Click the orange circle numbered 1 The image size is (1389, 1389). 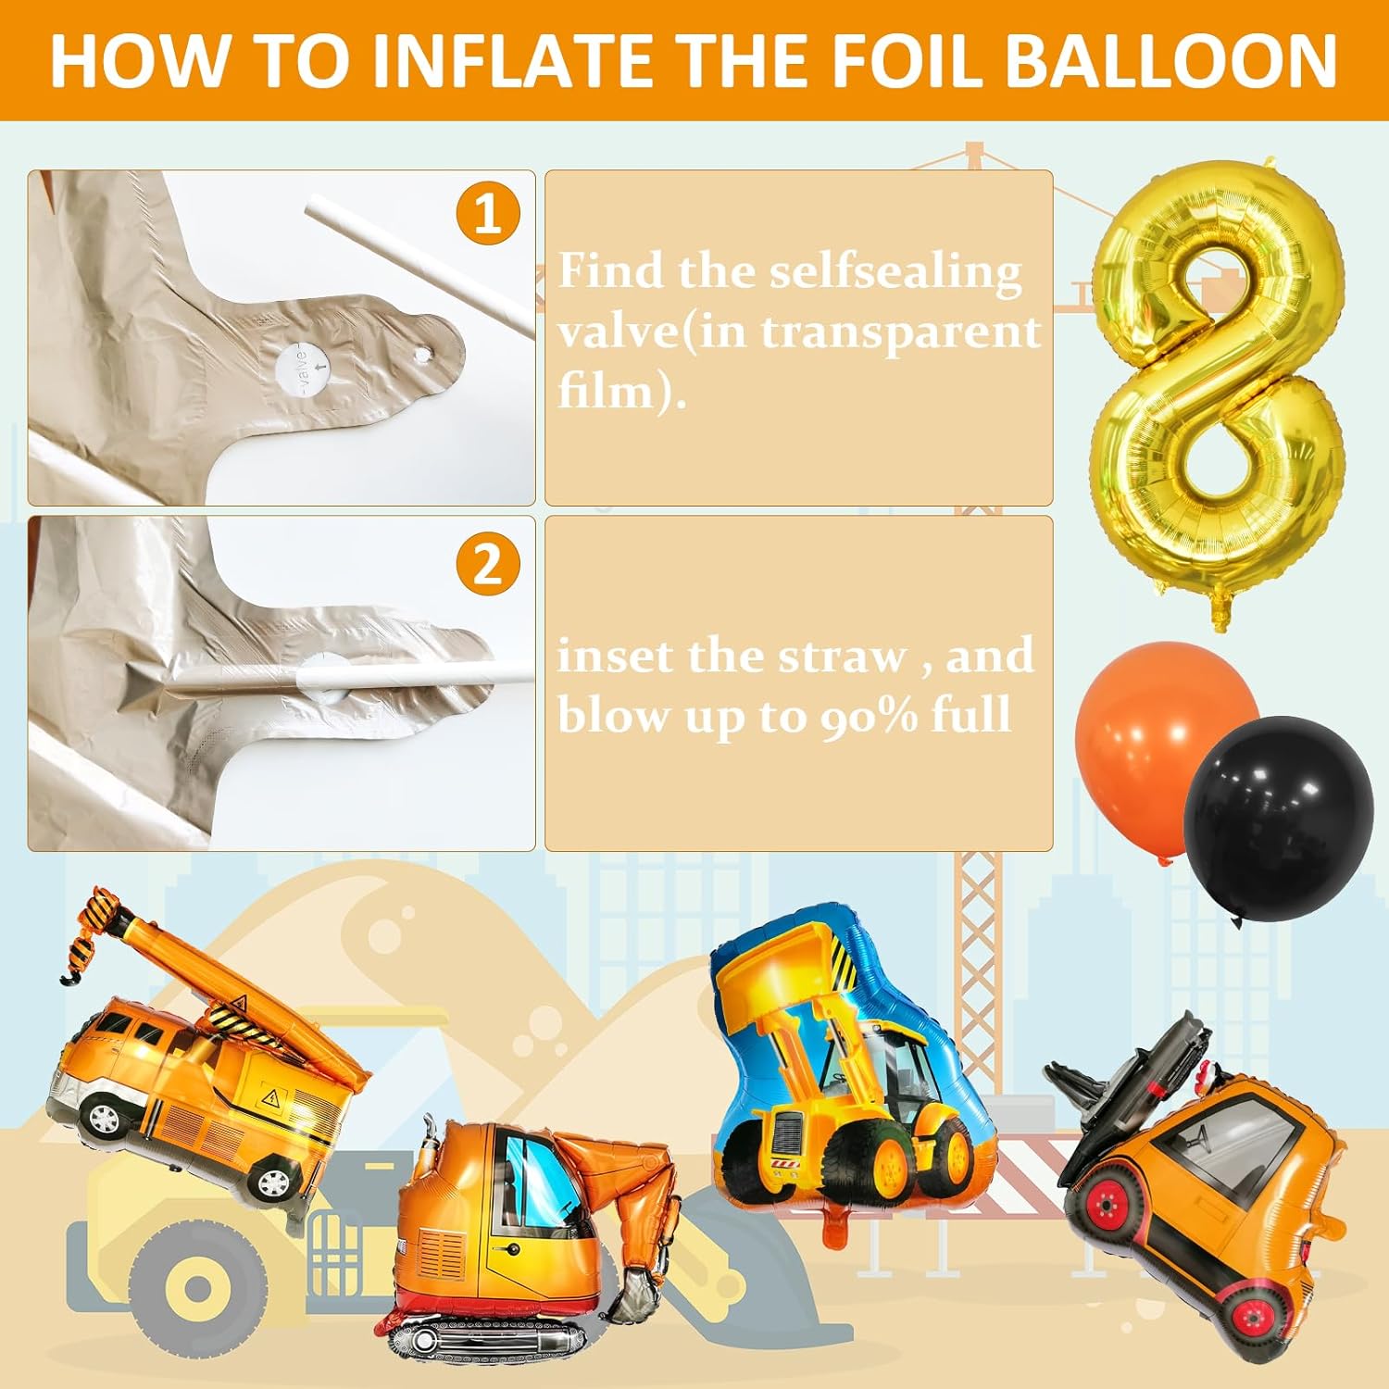click(487, 215)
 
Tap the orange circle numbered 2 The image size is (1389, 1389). click(487, 564)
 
